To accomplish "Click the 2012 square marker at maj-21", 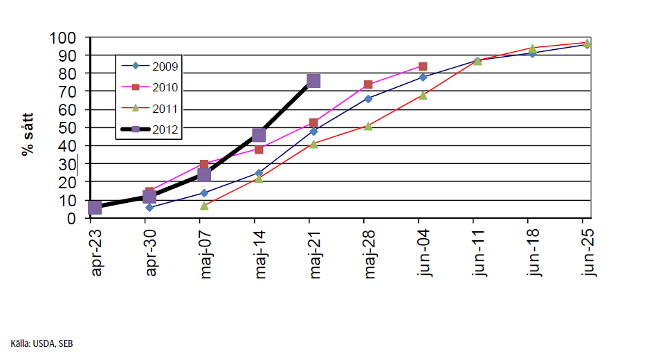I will click(313, 81).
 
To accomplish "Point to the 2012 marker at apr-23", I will click(95, 207).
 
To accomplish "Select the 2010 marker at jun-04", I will click(422, 66).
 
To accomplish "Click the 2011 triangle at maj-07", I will click(204, 206).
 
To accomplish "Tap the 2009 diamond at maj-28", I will click(368, 99).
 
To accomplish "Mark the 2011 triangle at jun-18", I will click(532, 48).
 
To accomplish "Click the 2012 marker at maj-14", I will click(259, 135).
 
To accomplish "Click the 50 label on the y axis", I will click(67, 127).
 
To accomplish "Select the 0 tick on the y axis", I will click(71, 218).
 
